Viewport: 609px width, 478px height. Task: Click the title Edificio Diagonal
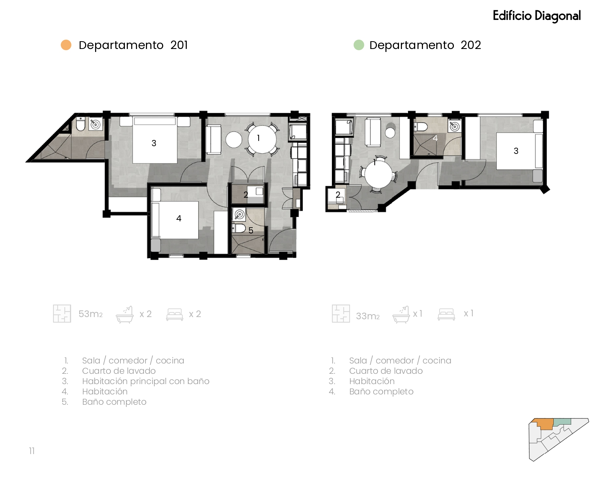click(536, 16)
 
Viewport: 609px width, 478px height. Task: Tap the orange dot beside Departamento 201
click(66, 45)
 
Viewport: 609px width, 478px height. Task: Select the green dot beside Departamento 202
click(359, 45)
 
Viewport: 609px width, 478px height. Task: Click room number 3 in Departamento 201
click(154, 143)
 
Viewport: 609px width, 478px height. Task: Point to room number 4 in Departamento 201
click(179, 218)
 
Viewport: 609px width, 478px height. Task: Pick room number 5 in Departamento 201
click(251, 231)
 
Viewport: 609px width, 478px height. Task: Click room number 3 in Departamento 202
click(516, 151)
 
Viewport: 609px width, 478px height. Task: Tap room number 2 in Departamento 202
click(338, 194)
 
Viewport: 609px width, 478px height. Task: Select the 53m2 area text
click(91, 314)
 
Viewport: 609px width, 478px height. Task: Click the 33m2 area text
click(368, 316)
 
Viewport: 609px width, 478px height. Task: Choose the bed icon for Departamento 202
click(446, 314)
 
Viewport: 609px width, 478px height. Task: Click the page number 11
click(32, 451)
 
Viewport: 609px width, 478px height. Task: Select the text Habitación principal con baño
click(146, 381)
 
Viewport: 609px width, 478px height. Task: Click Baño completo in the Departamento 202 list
click(381, 391)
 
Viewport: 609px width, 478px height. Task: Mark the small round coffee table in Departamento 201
click(234, 140)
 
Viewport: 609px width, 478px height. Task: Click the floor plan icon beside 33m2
click(341, 314)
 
